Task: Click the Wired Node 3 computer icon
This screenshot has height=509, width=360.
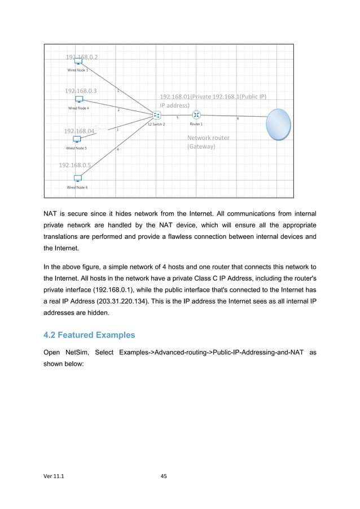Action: tap(78, 63)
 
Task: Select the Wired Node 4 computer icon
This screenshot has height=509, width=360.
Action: tap(79, 100)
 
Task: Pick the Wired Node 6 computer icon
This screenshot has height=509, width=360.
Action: tap(77, 178)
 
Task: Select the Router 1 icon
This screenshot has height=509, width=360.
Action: tap(196, 116)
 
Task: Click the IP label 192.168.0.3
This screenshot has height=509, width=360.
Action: tap(80, 91)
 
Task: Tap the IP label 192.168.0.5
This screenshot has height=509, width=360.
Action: tap(75, 165)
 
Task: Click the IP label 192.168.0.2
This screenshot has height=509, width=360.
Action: tap(82, 57)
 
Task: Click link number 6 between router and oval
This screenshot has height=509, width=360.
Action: tap(238, 119)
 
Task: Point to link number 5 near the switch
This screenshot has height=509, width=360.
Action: tap(178, 118)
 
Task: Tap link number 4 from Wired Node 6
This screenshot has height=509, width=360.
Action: tap(117, 150)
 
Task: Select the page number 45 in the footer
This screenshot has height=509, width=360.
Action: tap(164, 476)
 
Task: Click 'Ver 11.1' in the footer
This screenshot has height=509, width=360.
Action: tap(54, 476)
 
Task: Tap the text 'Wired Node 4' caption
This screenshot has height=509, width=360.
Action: tap(78, 108)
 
